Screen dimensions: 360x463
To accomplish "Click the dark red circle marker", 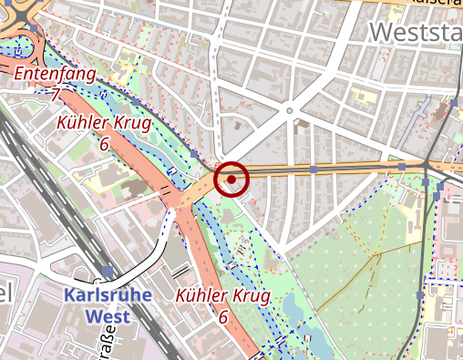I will [x=231, y=179].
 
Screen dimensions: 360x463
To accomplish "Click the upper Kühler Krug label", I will [x=98, y=123].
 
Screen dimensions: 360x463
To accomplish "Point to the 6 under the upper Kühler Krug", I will [x=104, y=143].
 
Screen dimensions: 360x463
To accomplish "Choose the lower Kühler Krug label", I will [x=222, y=296].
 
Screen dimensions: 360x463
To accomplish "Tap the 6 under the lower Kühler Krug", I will [x=222, y=316].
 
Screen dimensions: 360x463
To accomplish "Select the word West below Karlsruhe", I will [x=106, y=317].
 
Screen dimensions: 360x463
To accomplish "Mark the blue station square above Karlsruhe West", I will [x=108, y=272].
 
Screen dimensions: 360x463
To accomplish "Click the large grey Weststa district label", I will [x=416, y=34].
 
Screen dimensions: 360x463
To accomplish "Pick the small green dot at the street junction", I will [x=290, y=111].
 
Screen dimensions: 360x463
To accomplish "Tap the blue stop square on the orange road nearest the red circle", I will [x=313, y=169].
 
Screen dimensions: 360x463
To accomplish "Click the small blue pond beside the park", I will [x=293, y=306].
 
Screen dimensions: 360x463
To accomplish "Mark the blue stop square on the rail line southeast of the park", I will [x=420, y=295].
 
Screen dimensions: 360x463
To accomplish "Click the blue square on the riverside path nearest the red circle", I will [x=194, y=153].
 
